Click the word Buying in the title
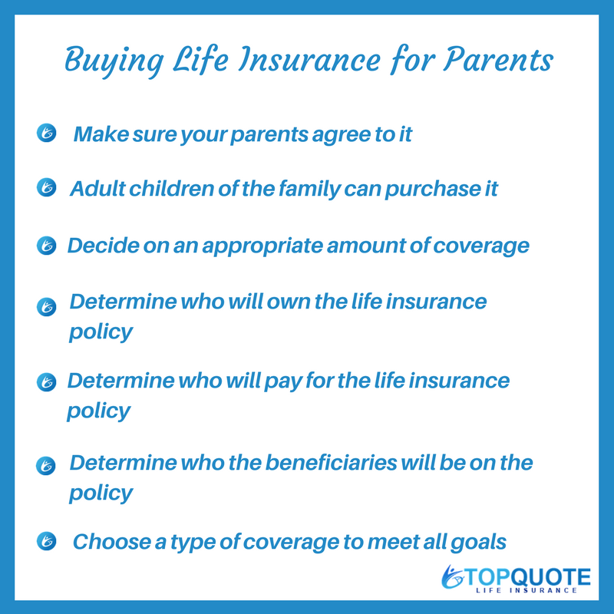click(114, 61)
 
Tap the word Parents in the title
click(498, 59)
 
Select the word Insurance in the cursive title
click(310, 59)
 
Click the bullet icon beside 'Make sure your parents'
click(47, 133)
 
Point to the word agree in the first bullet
click(341, 136)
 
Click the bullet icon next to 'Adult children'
click(47, 187)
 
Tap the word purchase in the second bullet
click(433, 190)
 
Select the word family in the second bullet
click(310, 190)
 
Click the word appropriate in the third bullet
click(262, 246)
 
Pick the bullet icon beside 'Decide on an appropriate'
click(47, 246)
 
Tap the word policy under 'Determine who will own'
click(101, 332)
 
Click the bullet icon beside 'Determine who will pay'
click(47, 381)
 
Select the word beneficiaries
click(332, 463)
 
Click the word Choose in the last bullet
click(112, 542)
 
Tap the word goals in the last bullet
click(478, 543)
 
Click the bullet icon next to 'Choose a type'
click(47, 541)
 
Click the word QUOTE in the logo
click(551, 578)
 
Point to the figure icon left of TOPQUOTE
click(452, 577)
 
